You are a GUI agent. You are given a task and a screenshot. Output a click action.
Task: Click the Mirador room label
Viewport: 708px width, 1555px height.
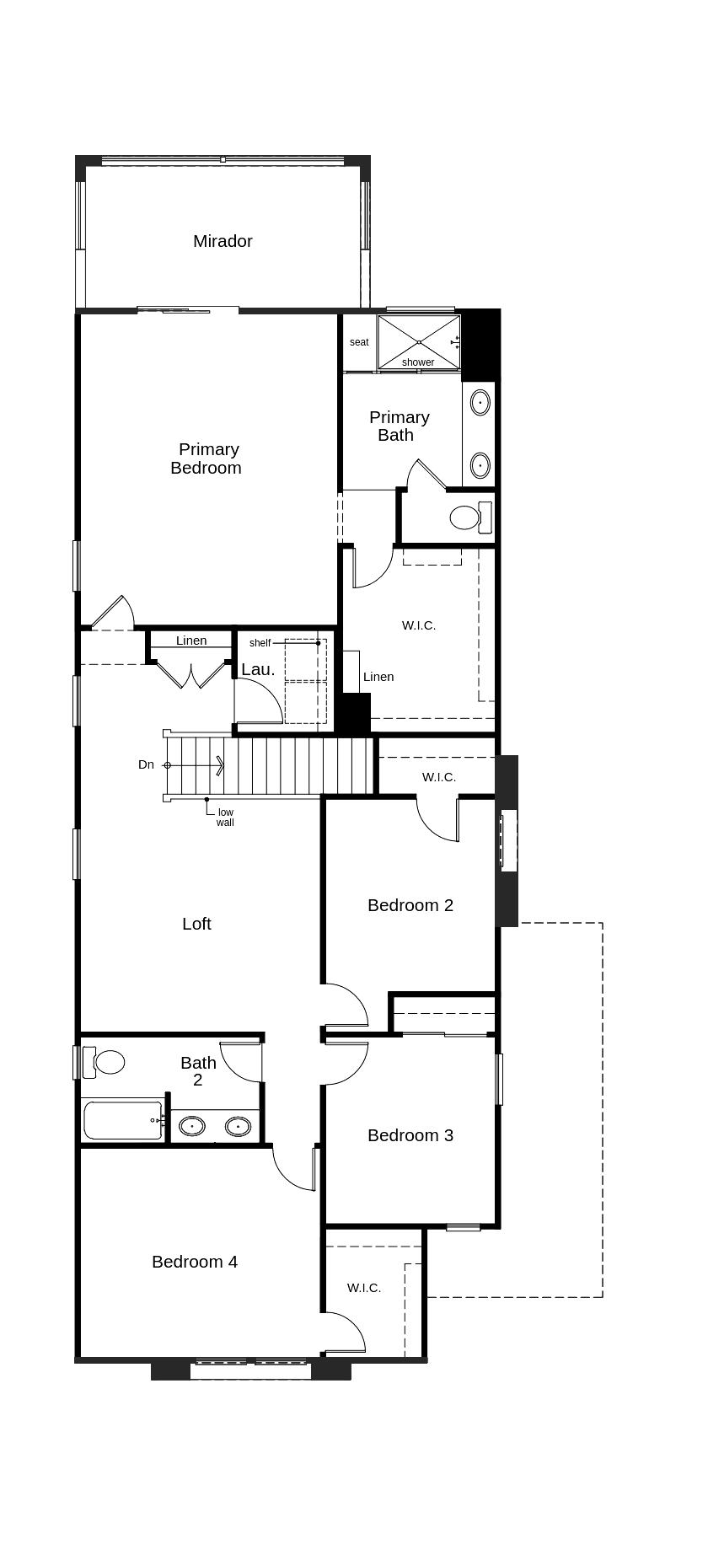[223, 241]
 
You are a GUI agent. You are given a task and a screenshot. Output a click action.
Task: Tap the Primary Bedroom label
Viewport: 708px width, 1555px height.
[206, 458]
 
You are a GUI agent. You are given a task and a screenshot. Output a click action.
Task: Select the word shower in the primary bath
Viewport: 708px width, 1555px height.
[418, 362]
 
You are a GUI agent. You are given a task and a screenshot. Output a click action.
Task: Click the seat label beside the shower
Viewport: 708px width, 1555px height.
[359, 342]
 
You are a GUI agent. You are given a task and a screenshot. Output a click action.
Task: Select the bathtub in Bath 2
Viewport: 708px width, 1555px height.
[123, 1120]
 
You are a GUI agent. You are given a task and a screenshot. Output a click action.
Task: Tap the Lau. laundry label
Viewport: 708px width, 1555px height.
[258, 669]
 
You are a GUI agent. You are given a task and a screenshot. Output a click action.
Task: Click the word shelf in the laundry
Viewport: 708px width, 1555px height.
[260, 643]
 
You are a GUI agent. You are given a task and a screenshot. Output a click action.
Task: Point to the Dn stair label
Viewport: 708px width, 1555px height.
[147, 764]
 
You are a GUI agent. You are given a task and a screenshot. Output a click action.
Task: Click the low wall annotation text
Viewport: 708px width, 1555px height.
[225, 818]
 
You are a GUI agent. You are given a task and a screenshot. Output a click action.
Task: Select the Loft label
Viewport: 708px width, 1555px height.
[196, 924]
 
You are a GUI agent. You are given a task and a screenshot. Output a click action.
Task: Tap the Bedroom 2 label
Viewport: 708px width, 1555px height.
[410, 905]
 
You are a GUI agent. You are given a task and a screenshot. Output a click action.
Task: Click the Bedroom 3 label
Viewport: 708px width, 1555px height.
[410, 1135]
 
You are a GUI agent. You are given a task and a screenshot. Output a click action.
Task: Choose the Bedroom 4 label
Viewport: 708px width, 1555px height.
[195, 1262]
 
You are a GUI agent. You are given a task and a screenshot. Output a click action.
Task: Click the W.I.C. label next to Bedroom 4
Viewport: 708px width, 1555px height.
[364, 1288]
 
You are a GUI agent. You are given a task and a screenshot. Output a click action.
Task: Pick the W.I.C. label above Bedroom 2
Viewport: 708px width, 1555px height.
[439, 777]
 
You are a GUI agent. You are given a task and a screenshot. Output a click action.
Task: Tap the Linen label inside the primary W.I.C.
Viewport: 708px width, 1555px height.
[378, 677]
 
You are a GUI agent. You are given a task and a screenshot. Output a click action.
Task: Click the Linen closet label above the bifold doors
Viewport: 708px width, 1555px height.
[191, 641]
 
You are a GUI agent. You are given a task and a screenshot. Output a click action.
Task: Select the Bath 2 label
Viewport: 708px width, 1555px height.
[198, 1071]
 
